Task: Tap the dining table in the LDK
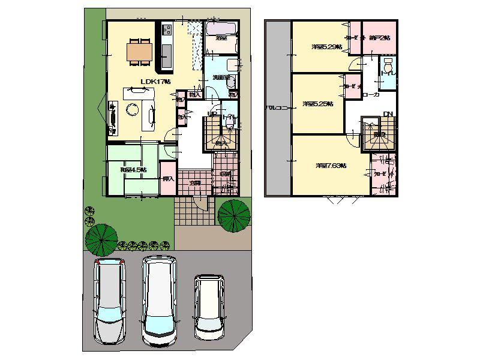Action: pyautogui.click(x=140, y=52)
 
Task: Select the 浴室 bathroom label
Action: pyautogui.click(x=221, y=38)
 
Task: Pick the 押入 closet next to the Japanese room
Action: pyautogui.click(x=169, y=179)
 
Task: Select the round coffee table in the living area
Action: pyautogui.click(x=131, y=110)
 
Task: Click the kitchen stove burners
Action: pyautogui.click(x=166, y=29)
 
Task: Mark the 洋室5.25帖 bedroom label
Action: pyautogui.click(x=316, y=104)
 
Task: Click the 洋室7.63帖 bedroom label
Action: pyautogui.click(x=331, y=166)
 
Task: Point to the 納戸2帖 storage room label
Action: pyautogui.click(x=380, y=38)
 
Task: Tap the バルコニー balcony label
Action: pyautogui.click(x=278, y=108)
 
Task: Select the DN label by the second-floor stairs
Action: pyautogui.click(x=388, y=114)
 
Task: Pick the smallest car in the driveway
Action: pyautogui.click(x=209, y=305)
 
